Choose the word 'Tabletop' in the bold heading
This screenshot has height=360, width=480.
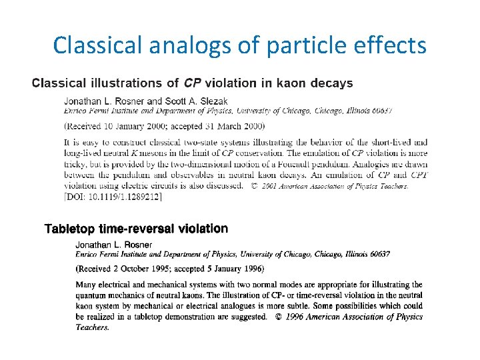(70, 229)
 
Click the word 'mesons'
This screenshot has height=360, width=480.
(160, 153)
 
